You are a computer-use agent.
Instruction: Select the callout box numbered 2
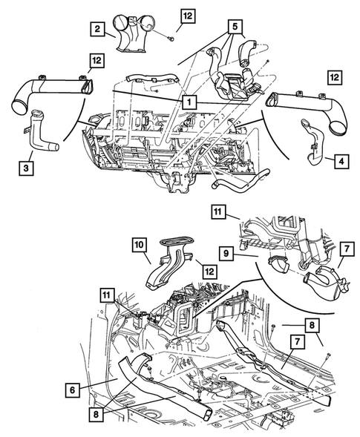97,29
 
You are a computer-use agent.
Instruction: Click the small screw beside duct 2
172,37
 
